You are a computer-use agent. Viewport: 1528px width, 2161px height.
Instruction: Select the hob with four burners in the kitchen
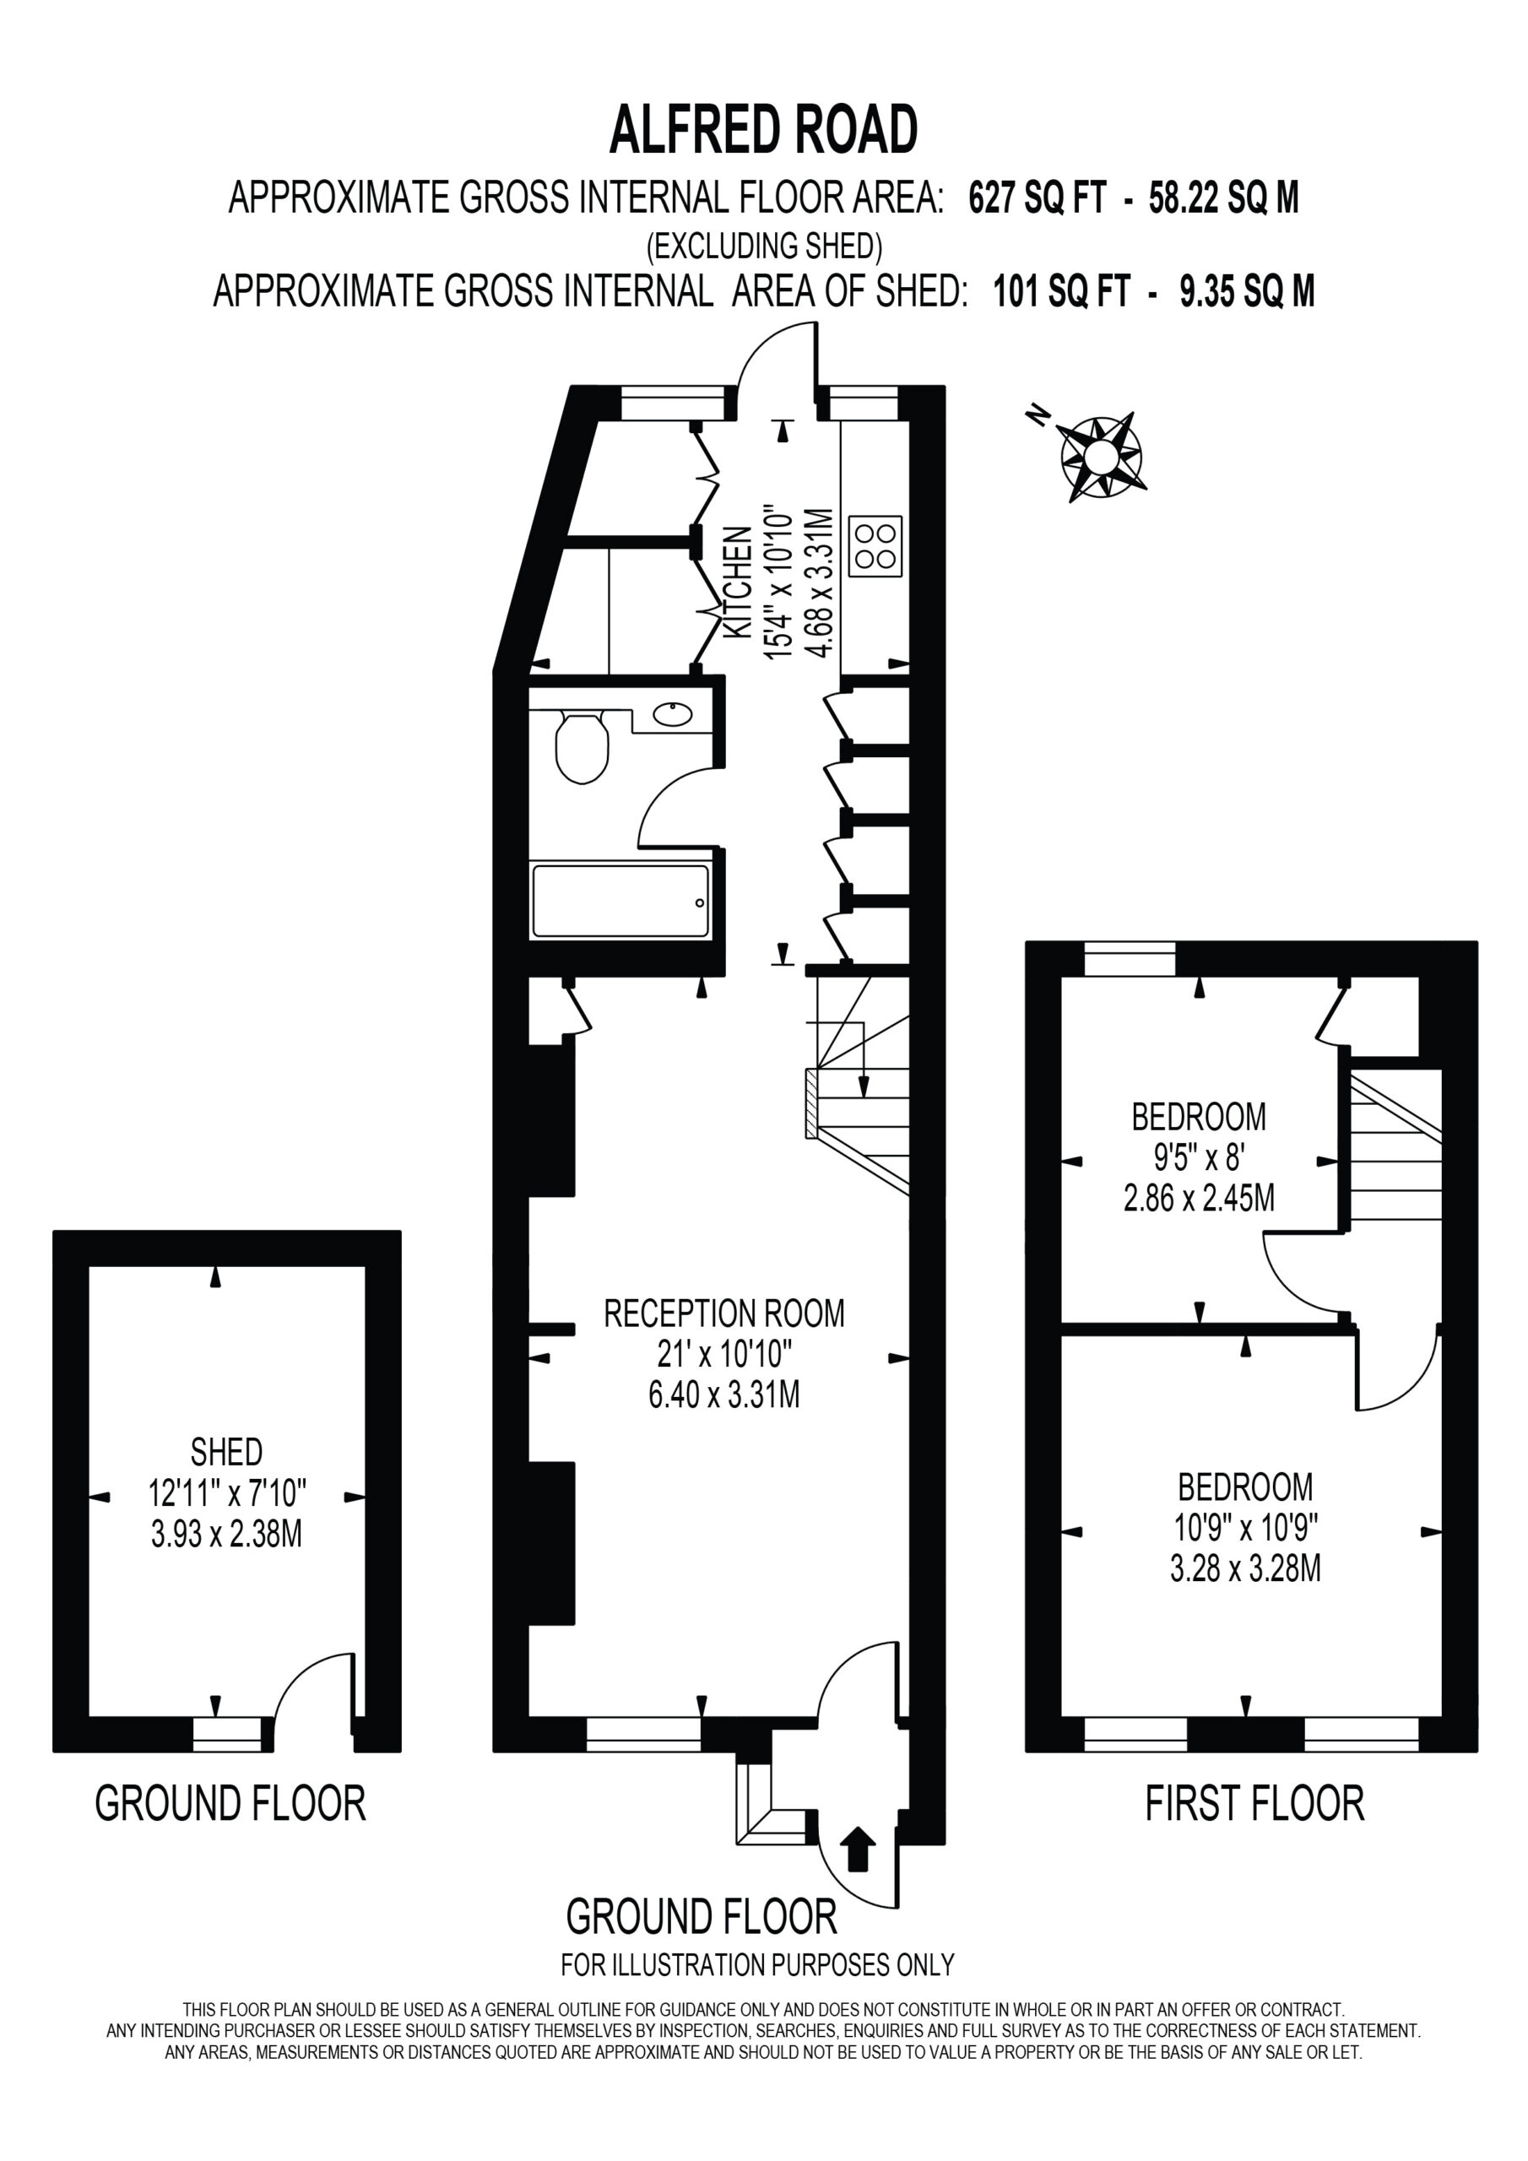(x=875, y=546)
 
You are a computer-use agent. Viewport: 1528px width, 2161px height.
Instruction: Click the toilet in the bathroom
(x=582, y=747)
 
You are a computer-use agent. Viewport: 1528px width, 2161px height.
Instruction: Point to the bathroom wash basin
(x=672, y=714)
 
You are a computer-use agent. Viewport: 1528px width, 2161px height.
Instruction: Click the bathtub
(x=620, y=902)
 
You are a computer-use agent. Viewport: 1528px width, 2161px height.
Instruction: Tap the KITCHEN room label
(x=738, y=583)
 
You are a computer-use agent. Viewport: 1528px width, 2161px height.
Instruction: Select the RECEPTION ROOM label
(x=724, y=1313)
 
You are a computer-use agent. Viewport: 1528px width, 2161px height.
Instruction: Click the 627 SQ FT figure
(x=1038, y=198)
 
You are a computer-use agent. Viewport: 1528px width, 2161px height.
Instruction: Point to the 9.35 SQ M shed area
(x=1248, y=291)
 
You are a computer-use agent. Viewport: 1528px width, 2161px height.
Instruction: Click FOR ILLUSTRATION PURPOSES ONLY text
(x=758, y=1965)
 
